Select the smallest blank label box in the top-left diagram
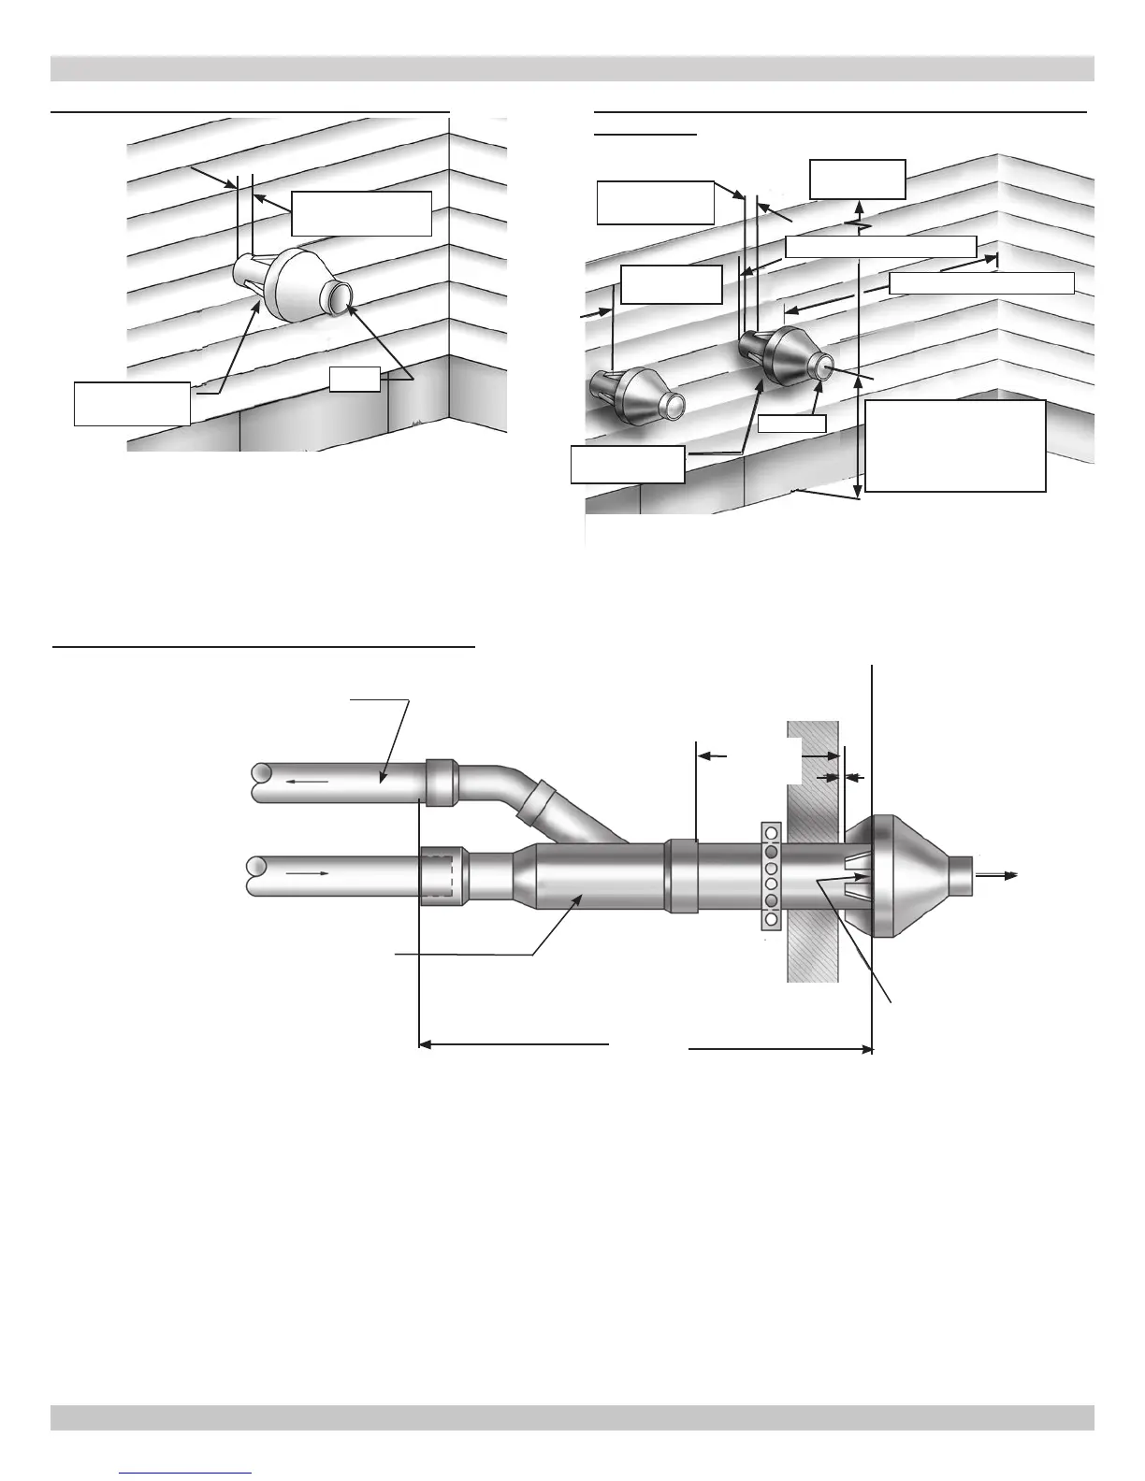coord(355,379)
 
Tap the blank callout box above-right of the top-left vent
coord(361,213)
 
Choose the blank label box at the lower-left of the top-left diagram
coord(132,403)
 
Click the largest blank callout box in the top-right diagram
coord(955,446)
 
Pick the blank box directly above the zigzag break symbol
coord(857,179)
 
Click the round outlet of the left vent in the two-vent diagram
coord(673,406)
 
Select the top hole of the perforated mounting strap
coord(771,832)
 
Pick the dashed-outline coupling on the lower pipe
coord(440,876)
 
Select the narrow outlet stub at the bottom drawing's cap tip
coord(962,875)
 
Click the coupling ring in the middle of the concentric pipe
coord(680,875)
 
